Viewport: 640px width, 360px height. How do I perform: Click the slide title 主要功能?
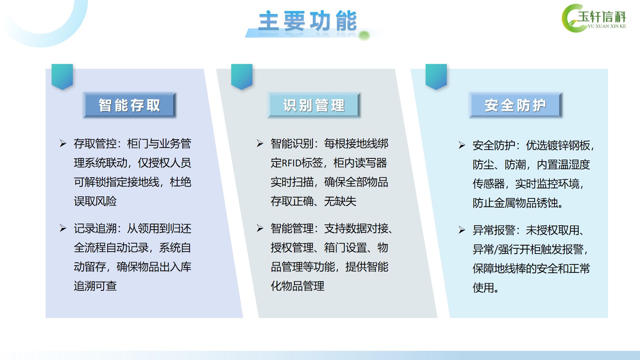click(x=308, y=20)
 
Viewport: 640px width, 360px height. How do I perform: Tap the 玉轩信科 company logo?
click(x=594, y=18)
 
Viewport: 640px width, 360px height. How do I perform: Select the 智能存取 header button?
click(x=130, y=105)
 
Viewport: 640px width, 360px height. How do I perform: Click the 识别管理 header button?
click(x=314, y=105)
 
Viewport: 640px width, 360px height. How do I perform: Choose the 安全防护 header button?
click(x=516, y=105)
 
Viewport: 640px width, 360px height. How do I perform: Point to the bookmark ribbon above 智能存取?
click(x=62, y=76)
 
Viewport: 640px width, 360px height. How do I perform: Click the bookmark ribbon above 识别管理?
click(x=242, y=76)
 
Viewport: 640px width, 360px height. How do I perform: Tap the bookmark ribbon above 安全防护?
click(x=436, y=76)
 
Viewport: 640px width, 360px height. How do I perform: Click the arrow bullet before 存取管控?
click(x=63, y=144)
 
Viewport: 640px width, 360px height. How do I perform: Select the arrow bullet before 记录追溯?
click(x=63, y=228)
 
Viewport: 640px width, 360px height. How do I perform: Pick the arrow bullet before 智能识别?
click(x=260, y=144)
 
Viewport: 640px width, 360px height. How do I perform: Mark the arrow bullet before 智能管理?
click(x=260, y=228)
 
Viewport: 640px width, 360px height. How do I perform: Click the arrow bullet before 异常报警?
click(x=462, y=230)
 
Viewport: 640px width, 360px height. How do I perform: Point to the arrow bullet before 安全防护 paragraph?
click(x=462, y=146)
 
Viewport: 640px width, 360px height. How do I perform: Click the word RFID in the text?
click(x=292, y=163)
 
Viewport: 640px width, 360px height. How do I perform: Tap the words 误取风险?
click(x=95, y=202)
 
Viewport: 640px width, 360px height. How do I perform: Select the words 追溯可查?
click(x=95, y=286)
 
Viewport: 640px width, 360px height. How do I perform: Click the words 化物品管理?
click(x=298, y=286)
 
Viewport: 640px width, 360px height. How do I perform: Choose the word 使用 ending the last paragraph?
click(x=483, y=288)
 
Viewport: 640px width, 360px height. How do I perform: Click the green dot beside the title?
click(x=364, y=36)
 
